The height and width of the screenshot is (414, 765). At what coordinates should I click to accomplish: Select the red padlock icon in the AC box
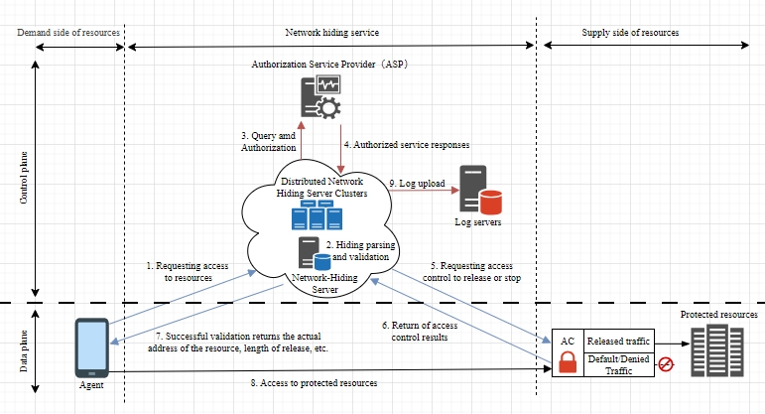tap(569, 362)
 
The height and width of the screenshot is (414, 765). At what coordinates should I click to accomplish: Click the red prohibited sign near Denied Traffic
tap(666, 364)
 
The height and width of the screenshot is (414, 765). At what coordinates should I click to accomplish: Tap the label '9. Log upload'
tap(417, 184)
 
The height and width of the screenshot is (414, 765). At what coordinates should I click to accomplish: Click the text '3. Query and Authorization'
tap(268, 142)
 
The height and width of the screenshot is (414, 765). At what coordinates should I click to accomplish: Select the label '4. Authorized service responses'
tap(406, 144)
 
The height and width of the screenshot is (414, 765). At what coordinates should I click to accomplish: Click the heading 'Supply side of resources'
tap(630, 33)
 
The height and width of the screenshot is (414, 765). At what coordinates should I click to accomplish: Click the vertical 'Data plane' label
tap(24, 353)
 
